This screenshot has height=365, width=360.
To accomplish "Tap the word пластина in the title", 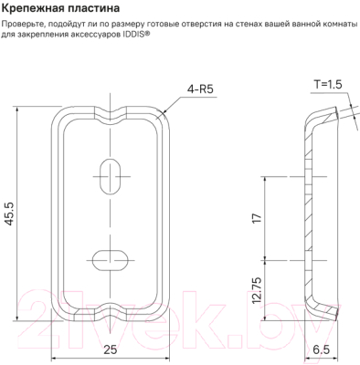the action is point(90,9).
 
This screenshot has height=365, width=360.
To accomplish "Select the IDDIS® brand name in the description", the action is point(138,35).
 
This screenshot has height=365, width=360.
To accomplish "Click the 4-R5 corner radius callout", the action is point(200,89).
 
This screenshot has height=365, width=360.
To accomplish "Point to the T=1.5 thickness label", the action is point(328,84).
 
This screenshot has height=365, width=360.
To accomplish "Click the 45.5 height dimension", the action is point(10,214).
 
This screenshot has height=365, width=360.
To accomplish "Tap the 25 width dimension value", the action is point(110,349).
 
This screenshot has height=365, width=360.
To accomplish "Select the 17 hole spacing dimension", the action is point(257,218).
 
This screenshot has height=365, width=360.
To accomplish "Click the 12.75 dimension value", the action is point(257,290).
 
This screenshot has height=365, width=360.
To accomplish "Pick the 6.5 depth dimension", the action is point(321,349).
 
